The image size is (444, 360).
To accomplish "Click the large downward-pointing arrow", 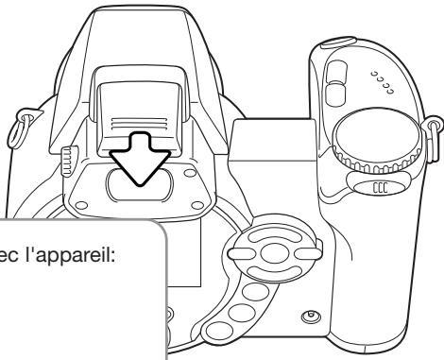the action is (x=140, y=158).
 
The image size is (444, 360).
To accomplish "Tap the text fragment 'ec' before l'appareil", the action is (x=9, y=258).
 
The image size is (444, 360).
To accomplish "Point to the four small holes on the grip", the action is (x=383, y=82).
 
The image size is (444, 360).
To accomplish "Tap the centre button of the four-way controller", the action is (x=274, y=253).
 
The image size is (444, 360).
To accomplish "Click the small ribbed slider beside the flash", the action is (x=69, y=161).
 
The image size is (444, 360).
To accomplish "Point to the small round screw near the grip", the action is (x=311, y=316).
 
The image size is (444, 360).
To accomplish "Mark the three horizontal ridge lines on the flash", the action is (x=139, y=124).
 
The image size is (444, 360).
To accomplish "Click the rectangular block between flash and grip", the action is (x=273, y=140).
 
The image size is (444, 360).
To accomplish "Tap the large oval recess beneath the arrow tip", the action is (x=140, y=184).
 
